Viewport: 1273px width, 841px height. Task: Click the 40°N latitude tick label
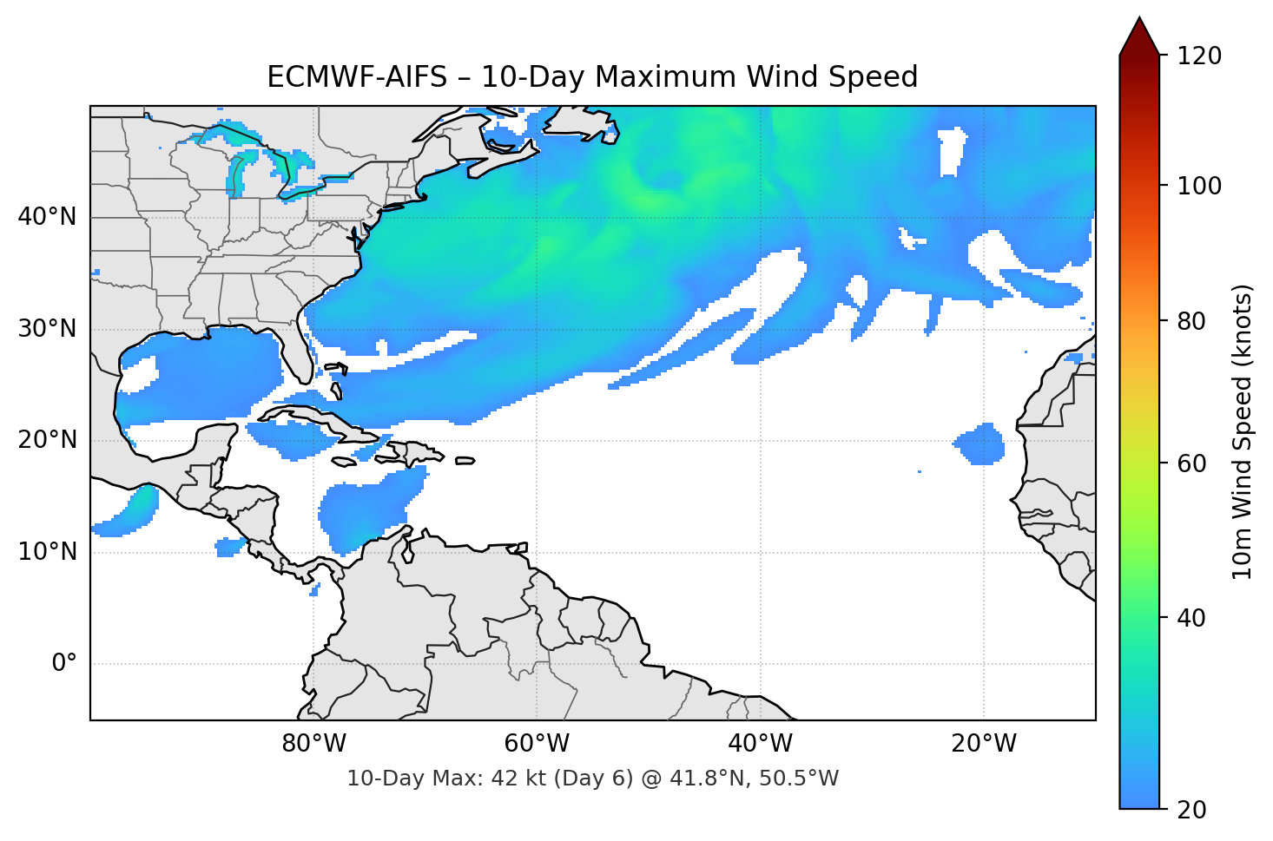click(47, 217)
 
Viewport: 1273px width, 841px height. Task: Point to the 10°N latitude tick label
click(47, 552)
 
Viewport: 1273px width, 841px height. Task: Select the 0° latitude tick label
click(63, 664)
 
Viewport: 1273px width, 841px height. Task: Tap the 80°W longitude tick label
click(313, 744)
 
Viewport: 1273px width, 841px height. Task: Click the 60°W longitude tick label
click(537, 744)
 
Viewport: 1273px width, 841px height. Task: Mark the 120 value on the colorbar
click(1199, 56)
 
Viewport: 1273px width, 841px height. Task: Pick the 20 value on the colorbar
click(1191, 810)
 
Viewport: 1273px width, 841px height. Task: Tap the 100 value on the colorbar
click(1199, 186)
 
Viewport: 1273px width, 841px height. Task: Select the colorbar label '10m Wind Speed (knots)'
click(1243, 431)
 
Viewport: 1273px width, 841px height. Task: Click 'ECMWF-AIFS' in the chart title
click(356, 77)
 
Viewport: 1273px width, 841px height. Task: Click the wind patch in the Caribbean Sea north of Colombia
click(365, 512)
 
